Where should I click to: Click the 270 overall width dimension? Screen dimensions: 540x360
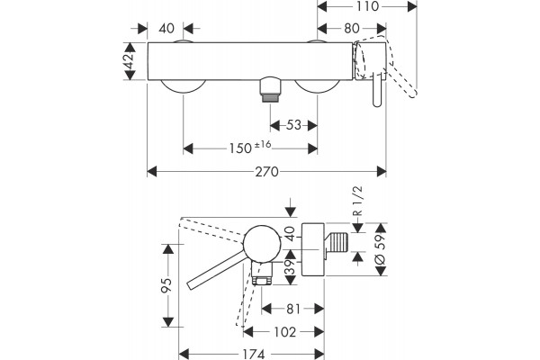[x=266, y=172]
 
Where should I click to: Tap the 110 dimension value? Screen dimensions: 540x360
[x=367, y=6]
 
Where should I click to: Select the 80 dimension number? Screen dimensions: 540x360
[x=352, y=29]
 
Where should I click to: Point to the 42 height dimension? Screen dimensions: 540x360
[x=130, y=61]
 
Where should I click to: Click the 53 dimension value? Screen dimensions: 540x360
[x=293, y=125]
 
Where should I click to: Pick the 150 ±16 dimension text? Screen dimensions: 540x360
[x=250, y=148]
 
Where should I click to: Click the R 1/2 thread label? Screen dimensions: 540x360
[x=358, y=201]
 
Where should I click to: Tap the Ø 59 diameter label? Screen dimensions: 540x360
[x=380, y=249]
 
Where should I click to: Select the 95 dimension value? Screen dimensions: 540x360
[x=167, y=285]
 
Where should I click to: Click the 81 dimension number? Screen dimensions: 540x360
[x=293, y=309]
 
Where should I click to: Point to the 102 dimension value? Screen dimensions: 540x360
[x=284, y=332]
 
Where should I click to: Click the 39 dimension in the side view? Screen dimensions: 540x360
[x=291, y=267]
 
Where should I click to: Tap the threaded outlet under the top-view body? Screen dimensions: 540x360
[x=270, y=90]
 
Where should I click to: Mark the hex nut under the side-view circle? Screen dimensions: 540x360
[x=262, y=281]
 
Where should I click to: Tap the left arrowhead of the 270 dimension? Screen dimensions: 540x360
[x=152, y=172]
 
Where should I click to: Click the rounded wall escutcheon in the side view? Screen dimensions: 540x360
[x=312, y=249]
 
